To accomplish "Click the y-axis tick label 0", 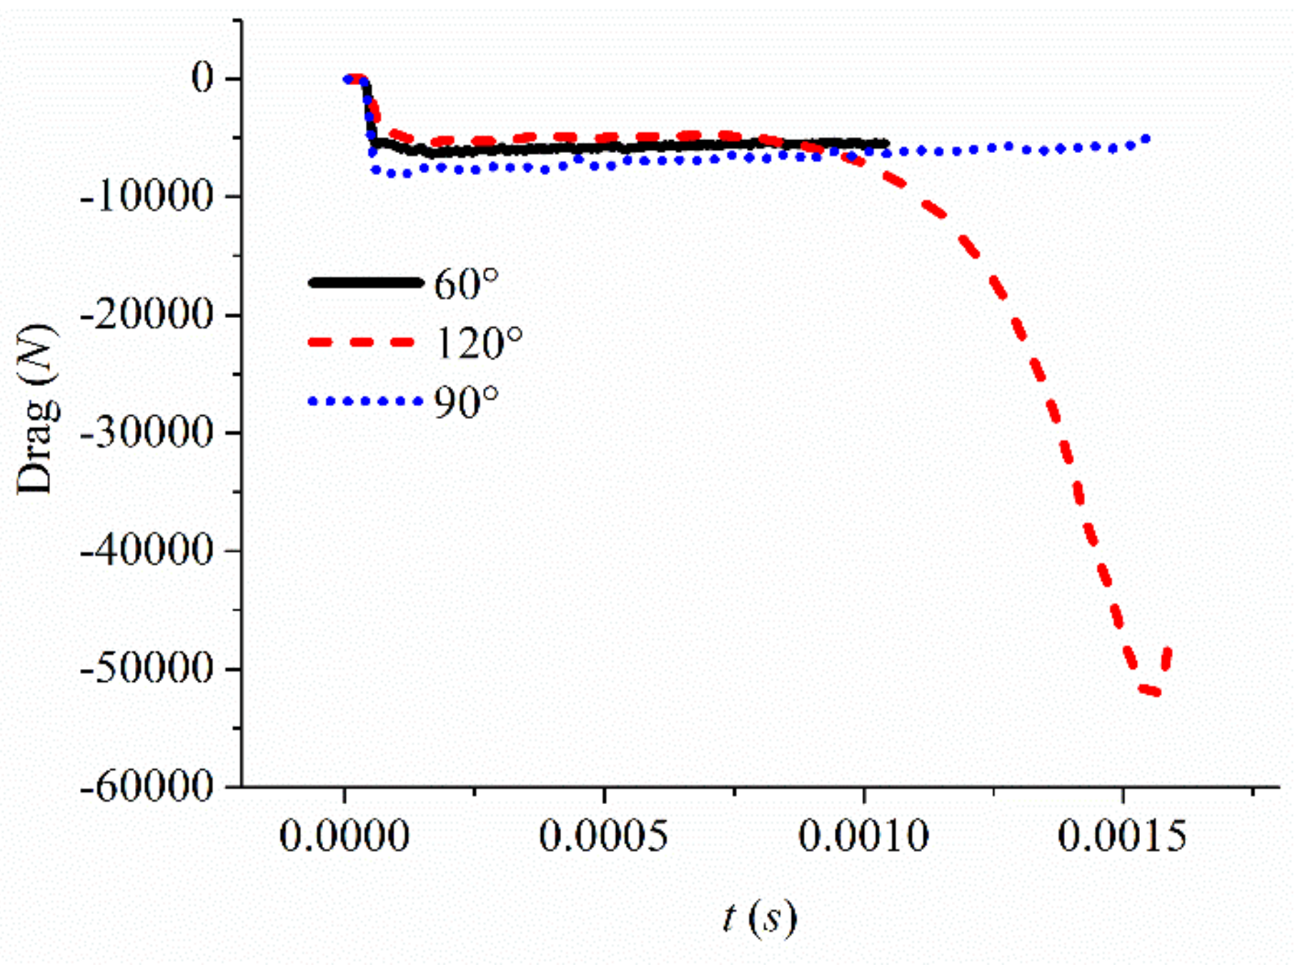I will [202, 78].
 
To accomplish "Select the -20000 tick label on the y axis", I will [147, 314].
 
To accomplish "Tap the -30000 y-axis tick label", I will [147, 432].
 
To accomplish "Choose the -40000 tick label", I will [147, 550].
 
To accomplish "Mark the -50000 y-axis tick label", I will [147, 668].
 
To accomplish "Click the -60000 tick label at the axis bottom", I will [147, 787].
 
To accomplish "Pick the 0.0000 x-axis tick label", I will [344, 835].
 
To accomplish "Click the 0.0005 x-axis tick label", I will [604, 835].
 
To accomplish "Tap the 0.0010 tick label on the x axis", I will [863, 835].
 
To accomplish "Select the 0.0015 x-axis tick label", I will [1122, 835].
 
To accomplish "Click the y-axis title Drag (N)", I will [36, 410].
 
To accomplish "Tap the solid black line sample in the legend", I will [364, 282].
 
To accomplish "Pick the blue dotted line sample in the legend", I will [364, 402].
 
